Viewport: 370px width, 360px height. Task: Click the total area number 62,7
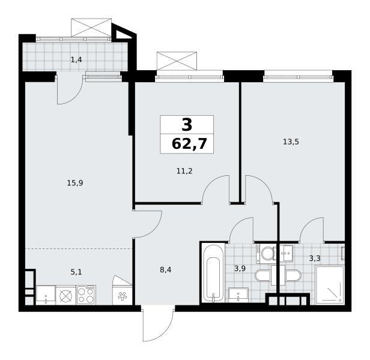pos(189,144)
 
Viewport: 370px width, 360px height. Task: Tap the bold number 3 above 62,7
pos(187,125)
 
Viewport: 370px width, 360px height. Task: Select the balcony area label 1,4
pos(76,60)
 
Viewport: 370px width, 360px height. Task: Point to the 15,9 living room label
pos(75,183)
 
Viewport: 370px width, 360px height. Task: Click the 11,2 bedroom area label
pos(184,171)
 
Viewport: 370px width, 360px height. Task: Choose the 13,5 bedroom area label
pos(291,142)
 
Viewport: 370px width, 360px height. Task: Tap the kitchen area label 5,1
pos(76,272)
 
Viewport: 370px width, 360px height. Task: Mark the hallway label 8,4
pos(166,270)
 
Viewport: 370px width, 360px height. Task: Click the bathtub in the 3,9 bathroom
pos(214,274)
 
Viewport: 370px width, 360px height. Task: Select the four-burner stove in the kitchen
pos(86,295)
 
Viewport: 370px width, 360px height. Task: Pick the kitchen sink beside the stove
pos(46,295)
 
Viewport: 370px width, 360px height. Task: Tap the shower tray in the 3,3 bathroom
pos(330,286)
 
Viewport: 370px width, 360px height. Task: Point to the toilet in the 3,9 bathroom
pos(262,275)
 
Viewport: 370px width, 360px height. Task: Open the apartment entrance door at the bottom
pos(159,323)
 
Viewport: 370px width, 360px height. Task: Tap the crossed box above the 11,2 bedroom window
pos(177,61)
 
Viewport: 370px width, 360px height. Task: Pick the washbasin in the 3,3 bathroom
pos(287,253)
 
